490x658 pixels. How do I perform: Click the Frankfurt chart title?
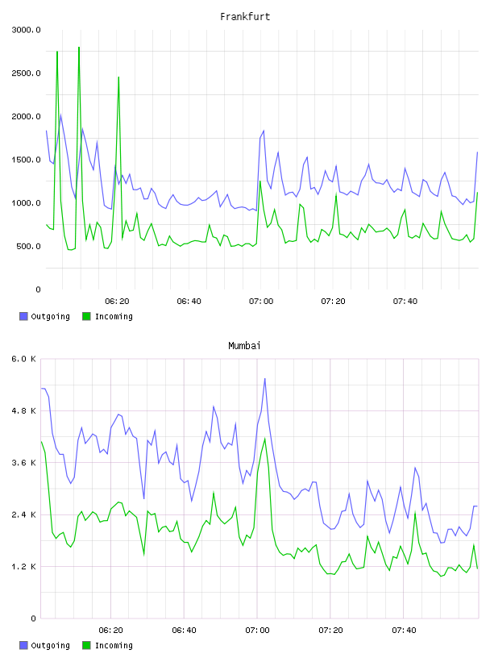tap(245, 17)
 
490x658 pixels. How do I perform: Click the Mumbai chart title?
tap(244, 346)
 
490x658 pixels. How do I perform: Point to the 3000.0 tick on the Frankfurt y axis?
tap(26, 30)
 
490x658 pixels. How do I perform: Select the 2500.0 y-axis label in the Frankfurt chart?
tap(26, 73)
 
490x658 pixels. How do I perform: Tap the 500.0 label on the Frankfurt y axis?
tap(28, 246)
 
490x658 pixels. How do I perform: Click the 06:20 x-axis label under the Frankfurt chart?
tap(117, 302)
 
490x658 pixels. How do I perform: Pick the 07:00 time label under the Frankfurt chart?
tap(261, 302)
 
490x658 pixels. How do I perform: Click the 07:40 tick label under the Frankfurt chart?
tap(405, 302)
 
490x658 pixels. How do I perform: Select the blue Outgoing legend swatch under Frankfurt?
tap(23, 316)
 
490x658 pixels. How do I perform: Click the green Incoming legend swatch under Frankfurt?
tap(86, 316)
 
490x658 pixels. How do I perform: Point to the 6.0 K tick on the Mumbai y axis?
tap(24, 359)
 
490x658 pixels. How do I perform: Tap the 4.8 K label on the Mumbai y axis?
tap(24, 410)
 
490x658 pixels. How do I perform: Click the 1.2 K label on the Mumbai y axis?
tap(24, 567)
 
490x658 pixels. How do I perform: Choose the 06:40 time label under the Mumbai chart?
tap(185, 631)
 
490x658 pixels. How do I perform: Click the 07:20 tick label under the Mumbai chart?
tap(330, 631)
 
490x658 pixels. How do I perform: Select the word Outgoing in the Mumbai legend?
tap(50, 645)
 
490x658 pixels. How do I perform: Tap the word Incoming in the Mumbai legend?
tap(114, 645)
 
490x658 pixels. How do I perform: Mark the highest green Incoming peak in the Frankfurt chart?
tap(79, 48)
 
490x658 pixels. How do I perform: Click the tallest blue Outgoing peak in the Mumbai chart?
tap(264, 379)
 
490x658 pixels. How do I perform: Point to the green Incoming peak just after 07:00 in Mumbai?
tap(264, 439)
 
